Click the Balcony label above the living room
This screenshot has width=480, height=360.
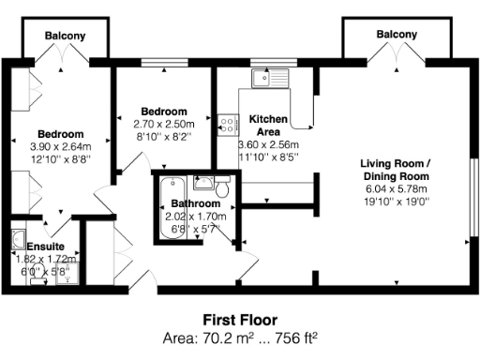point(397,35)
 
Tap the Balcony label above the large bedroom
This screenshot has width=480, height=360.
point(67,36)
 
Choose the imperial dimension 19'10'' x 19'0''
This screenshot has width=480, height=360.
point(396,201)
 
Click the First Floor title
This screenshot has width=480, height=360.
point(240,319)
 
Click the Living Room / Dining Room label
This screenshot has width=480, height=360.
point(396,170)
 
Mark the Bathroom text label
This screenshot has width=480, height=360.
point(196,203)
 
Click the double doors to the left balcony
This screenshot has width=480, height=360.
point(66,58)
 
